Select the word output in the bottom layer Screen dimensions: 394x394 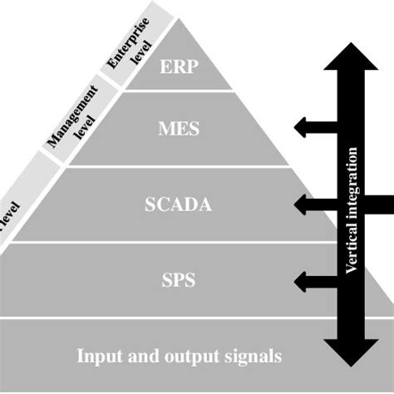pos(184,356)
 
